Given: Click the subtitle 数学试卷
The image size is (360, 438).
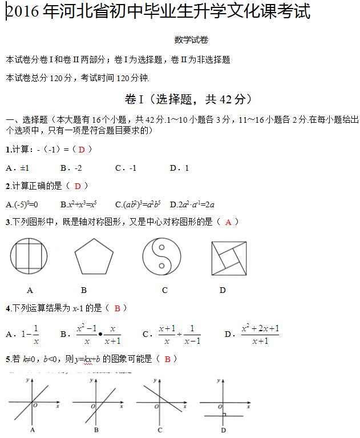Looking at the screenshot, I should click(x=191, y=40).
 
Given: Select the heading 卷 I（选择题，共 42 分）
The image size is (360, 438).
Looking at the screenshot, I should click(x=188, y=99).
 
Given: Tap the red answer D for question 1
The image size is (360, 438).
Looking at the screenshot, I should click(x=82, y=150).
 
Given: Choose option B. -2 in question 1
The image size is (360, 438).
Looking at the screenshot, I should click(x=71, y=168).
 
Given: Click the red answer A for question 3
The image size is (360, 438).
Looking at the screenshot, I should click(x=228, y=222).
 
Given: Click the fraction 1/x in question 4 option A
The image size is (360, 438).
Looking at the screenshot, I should click(x=35, y=334).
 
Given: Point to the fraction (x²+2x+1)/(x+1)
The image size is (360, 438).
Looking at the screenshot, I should click(x=260, y=334).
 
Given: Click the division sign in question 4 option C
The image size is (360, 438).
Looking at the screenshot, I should click(x=181, y=334).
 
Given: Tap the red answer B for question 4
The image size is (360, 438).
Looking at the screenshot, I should click(x=117, y=308).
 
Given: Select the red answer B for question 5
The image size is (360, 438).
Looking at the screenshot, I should click(x=167, y=359).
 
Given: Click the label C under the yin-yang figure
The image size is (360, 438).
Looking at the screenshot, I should click(x=165, y=290).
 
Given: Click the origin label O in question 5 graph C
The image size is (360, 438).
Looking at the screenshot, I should click(x=154, y=405).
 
